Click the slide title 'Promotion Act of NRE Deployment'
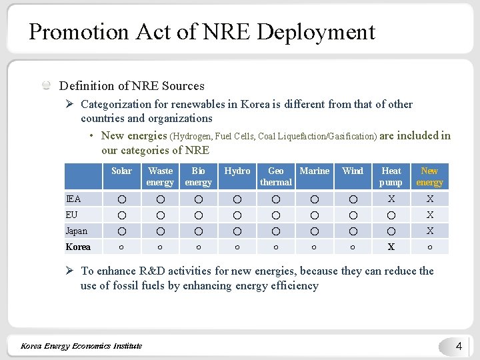202,32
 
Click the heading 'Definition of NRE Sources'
131,86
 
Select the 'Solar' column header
121,171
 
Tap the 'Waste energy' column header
160,177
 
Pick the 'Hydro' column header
237,171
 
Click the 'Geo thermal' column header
275,177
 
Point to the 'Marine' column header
314,171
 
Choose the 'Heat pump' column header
391,177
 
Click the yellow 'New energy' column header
429,177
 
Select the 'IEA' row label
73,199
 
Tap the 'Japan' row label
76,231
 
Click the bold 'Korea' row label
78,247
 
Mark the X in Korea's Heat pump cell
391,247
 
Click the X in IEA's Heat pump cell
391,199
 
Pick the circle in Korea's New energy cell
429,247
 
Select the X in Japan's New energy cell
429,231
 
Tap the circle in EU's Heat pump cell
391,215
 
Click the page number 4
458,346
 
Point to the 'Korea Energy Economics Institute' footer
81,345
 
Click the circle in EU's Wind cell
353,215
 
